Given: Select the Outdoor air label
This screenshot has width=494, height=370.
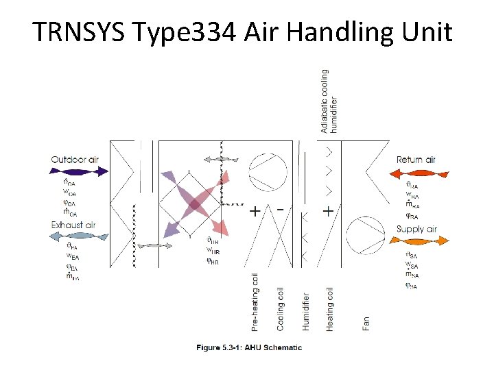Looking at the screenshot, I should point(75,160).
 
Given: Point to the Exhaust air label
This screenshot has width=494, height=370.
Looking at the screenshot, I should point(73,225).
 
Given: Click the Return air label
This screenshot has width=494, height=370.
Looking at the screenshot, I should point(416,160).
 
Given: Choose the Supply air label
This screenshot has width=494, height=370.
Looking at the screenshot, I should point(416,229).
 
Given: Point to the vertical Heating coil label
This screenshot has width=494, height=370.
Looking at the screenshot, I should point(330,309).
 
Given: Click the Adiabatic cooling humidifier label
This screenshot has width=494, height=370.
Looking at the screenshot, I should point(329,100).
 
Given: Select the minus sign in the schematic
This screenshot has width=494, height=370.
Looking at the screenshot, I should point(281,208).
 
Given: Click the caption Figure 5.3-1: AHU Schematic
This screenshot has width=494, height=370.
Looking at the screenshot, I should point(249,347).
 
